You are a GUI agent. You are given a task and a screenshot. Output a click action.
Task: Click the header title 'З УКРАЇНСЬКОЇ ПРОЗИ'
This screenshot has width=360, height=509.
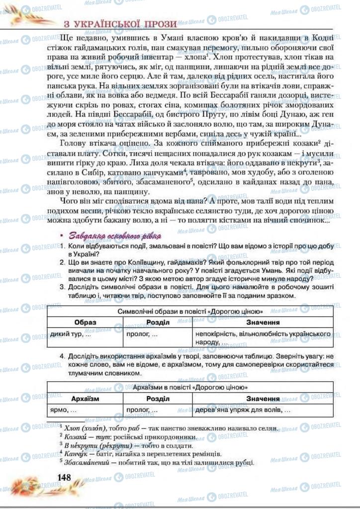coord(120,24)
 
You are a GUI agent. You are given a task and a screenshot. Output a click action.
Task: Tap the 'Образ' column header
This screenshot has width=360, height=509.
coord(85,322)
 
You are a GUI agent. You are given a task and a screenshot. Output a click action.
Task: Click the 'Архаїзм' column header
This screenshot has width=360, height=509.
coord(85,399)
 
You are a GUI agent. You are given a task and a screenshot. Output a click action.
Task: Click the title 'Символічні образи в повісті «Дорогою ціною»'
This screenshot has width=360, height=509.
coord(190,311)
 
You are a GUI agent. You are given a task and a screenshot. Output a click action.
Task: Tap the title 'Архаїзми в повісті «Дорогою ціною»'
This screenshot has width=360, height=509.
coord(190,387)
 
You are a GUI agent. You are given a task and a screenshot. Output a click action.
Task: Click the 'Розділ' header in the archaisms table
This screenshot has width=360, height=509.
coord(157,399)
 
